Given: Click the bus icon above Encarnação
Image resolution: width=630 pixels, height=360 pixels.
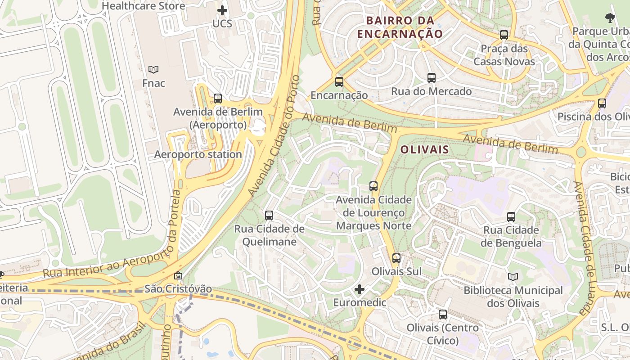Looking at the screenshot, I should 339,82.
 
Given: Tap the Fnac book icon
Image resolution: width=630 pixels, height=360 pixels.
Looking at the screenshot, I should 153,70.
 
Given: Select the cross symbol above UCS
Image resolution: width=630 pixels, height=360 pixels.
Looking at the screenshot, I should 222,10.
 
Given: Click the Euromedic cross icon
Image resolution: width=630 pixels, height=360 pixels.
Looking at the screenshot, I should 359,289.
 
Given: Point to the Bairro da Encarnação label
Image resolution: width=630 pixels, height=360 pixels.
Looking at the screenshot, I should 400,27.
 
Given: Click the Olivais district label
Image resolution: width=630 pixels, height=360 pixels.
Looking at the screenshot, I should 424,149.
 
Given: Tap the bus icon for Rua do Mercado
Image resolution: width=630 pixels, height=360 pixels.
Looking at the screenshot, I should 432,78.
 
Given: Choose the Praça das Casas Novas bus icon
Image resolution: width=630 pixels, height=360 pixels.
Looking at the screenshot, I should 504,35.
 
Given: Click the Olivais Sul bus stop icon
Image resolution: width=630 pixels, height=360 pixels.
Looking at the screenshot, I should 396,258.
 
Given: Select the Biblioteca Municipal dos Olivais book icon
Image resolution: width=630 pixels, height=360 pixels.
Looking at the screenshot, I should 513,277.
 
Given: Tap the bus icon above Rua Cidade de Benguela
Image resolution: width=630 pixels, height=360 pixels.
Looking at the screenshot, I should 511,217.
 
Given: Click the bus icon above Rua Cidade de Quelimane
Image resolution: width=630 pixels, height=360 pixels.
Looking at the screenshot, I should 269,216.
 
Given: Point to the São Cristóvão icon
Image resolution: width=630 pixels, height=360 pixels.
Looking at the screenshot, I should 178,275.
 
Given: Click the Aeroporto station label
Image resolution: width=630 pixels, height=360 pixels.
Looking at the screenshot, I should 198,154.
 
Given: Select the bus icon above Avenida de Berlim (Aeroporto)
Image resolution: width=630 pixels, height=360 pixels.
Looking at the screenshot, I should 218,99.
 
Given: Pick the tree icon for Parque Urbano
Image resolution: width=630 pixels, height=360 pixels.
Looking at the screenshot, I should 610,18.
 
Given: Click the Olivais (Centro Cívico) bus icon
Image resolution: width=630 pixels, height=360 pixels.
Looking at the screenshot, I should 443,315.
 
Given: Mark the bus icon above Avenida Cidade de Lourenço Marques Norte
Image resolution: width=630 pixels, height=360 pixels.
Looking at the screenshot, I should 373,186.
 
